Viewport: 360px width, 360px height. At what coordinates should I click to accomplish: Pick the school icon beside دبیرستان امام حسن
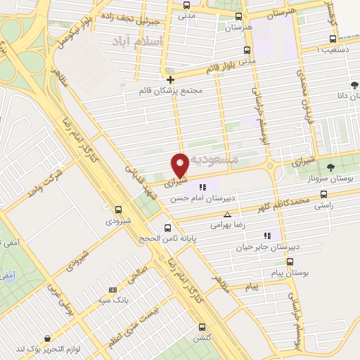point(203,186)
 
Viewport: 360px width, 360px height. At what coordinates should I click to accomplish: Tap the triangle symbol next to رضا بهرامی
point(226,214)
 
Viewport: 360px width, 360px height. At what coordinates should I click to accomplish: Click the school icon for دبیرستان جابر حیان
point(266,236)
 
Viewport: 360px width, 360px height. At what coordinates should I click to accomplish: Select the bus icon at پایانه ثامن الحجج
point(167,228)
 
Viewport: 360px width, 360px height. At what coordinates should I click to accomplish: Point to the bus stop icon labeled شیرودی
point(118,209)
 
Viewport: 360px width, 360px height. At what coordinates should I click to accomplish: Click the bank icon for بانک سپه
point(112,290)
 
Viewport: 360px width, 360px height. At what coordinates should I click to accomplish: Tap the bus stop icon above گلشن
point(202,326)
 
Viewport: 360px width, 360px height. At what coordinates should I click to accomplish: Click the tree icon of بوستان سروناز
point(330,167)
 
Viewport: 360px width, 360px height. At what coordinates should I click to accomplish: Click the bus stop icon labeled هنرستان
point(239,16)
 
